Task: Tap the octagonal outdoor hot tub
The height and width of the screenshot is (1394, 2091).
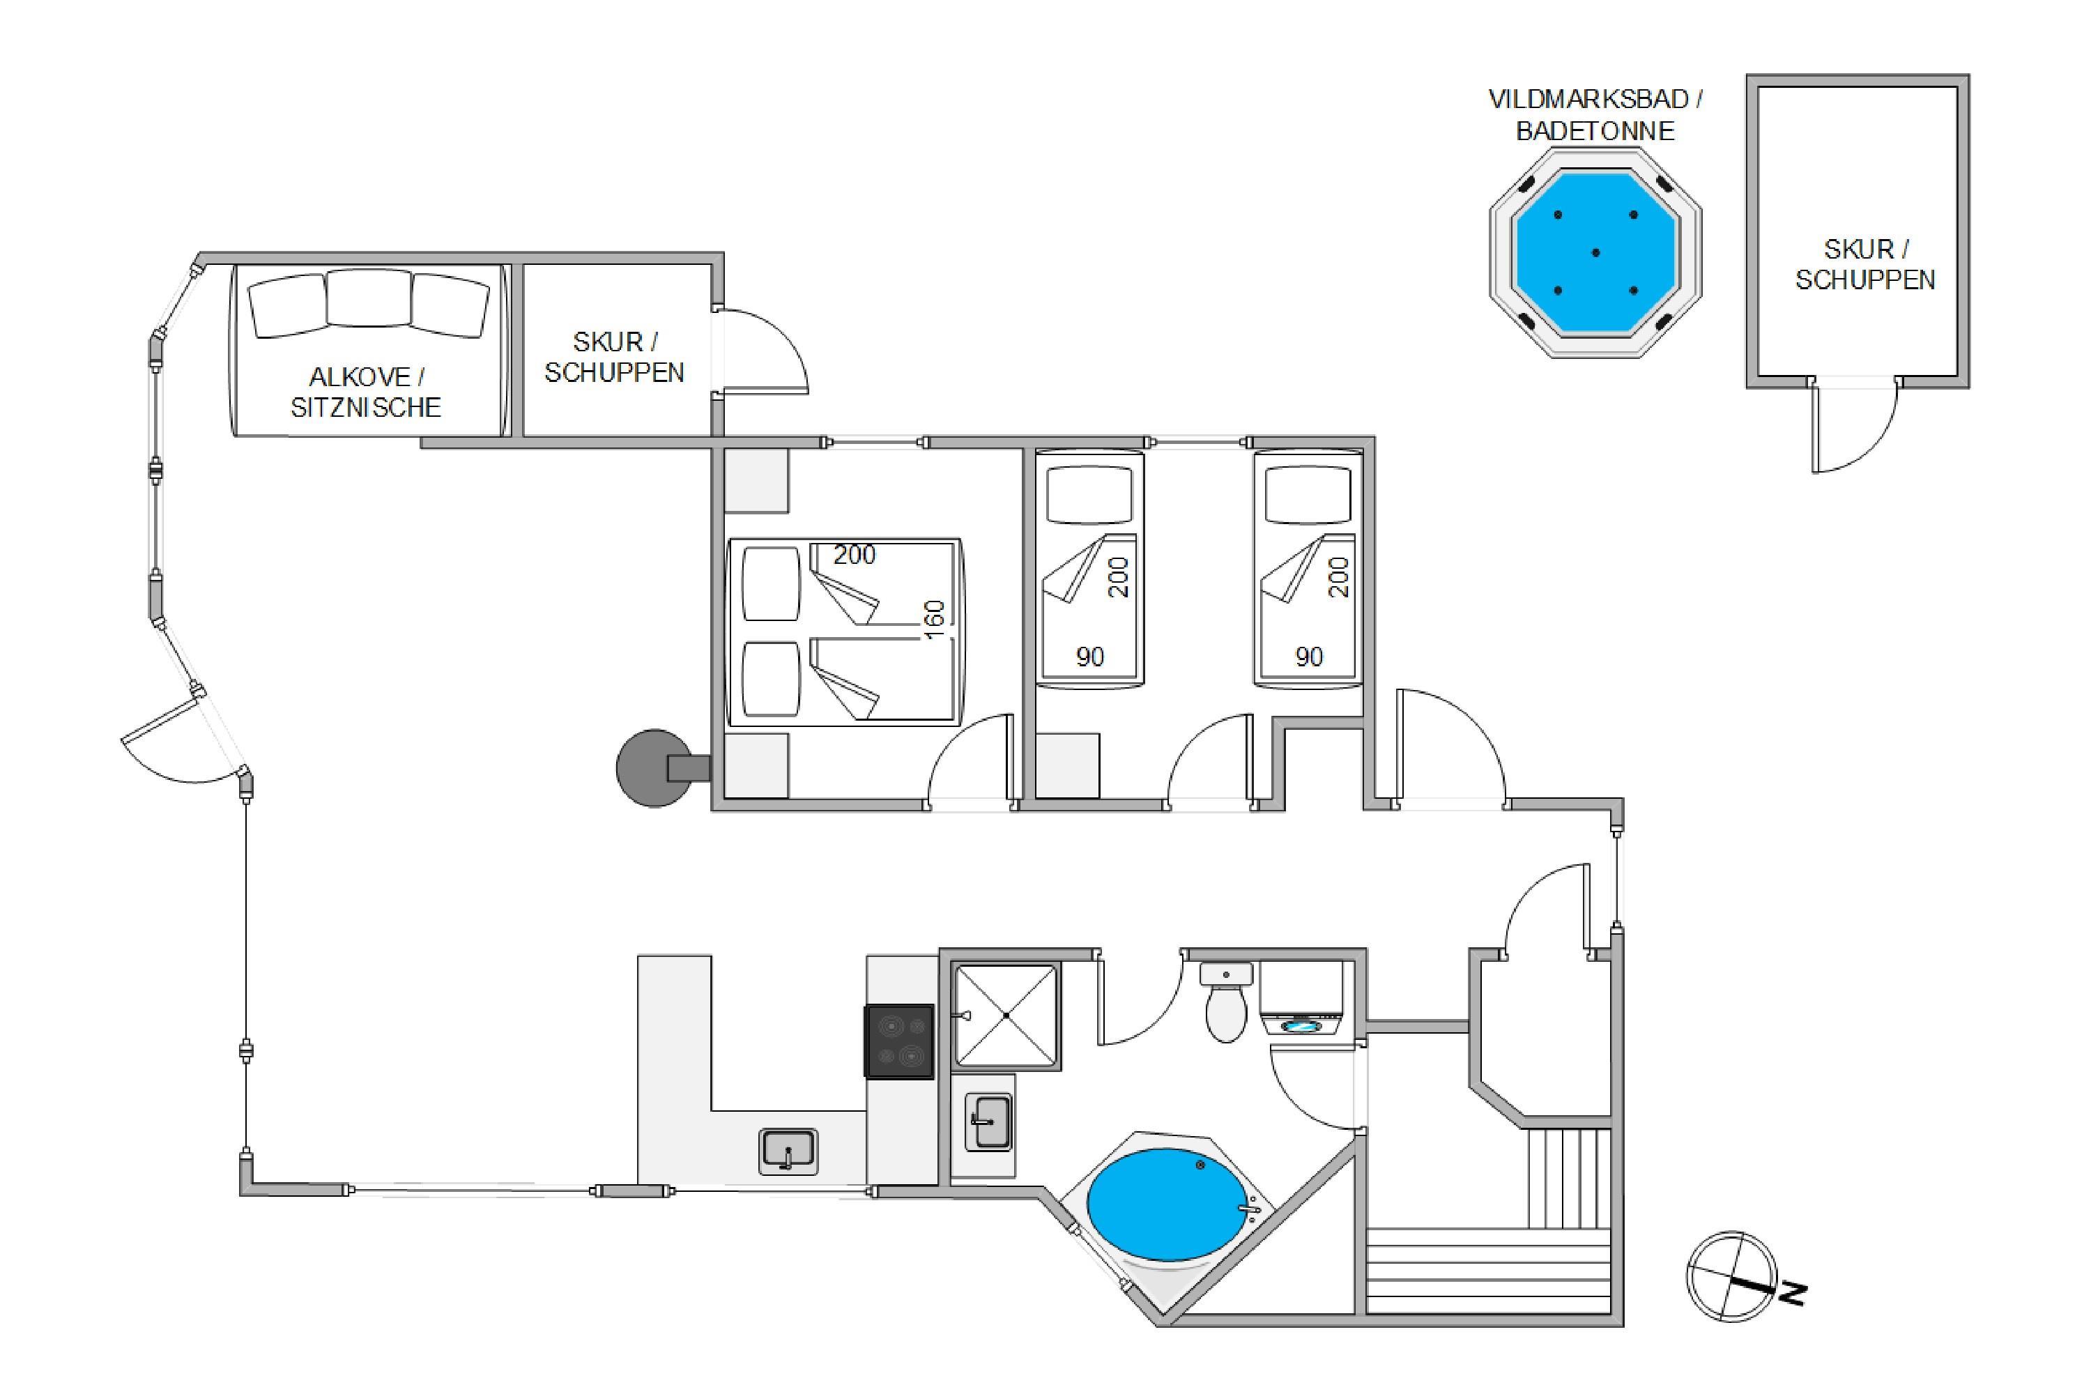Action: [1596, 252]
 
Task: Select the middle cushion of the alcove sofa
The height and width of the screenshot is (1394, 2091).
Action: [369, 299]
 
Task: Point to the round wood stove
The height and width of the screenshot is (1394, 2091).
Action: [655, 768]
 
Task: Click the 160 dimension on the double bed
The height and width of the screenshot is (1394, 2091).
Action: [933, 620]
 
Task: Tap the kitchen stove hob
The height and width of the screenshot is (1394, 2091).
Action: [900, 1041]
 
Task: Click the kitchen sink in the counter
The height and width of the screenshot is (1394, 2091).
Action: [788, 1152]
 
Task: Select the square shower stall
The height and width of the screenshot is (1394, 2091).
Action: [1006, 1016]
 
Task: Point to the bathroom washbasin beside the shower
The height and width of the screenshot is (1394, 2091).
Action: [988, 1122]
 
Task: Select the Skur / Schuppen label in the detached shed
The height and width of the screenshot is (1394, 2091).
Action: [1864, 264]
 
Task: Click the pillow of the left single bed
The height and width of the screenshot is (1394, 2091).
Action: [1089, 494]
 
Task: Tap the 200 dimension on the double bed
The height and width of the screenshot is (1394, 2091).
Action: [855, 555]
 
